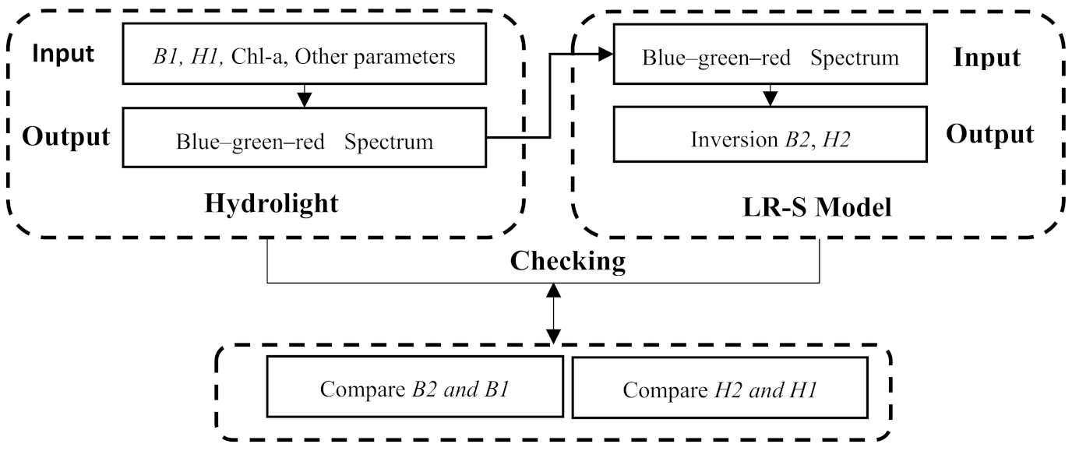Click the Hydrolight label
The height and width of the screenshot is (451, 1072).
coord(271,204)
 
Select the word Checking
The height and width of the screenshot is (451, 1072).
coord(567,262)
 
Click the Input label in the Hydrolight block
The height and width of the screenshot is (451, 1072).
coord(63,54)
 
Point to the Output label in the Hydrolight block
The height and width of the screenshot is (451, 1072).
coord(65,136)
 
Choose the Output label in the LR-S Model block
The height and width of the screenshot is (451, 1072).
coord(989,134)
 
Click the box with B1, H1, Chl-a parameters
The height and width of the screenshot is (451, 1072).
coord(304,57)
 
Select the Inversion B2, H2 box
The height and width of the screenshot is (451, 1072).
coord(770,139)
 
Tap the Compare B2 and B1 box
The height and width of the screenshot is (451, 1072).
coord(414,389)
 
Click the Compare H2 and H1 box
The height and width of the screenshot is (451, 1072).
coord(719,389)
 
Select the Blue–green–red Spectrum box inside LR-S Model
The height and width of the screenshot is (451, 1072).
coord(770,58)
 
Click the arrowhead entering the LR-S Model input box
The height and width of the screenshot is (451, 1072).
coord(605,54)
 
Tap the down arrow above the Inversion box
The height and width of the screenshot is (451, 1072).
coord(770,97)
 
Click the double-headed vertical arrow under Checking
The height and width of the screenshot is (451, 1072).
coord(553,314)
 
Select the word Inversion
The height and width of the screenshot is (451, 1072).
coord(728,139)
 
